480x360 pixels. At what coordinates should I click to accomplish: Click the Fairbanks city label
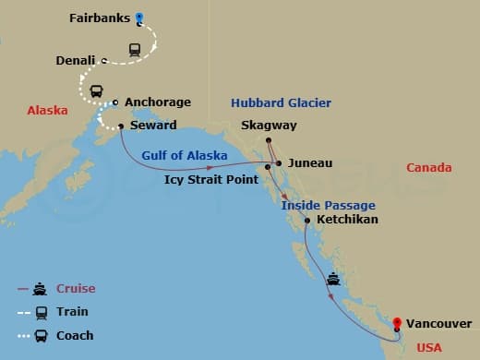(x=100, y=18)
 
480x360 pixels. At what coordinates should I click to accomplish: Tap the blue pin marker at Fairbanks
(x=139, y=17)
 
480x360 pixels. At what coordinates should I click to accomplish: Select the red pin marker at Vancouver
(x=397, y=323)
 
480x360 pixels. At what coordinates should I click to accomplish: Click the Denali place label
(x=76, y=60)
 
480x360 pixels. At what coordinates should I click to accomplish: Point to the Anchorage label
(x=157, y=102)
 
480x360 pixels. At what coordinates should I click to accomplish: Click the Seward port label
(x=152, y=126)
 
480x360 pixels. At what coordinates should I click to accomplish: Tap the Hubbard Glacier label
(x=280, y=102)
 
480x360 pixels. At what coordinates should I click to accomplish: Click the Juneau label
(x=309, y=163)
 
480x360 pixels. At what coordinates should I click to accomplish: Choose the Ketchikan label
(x=347, y=221)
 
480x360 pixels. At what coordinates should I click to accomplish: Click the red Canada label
(x=428, y=167)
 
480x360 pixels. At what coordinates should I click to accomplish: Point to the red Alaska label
(x=47, y=110)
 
